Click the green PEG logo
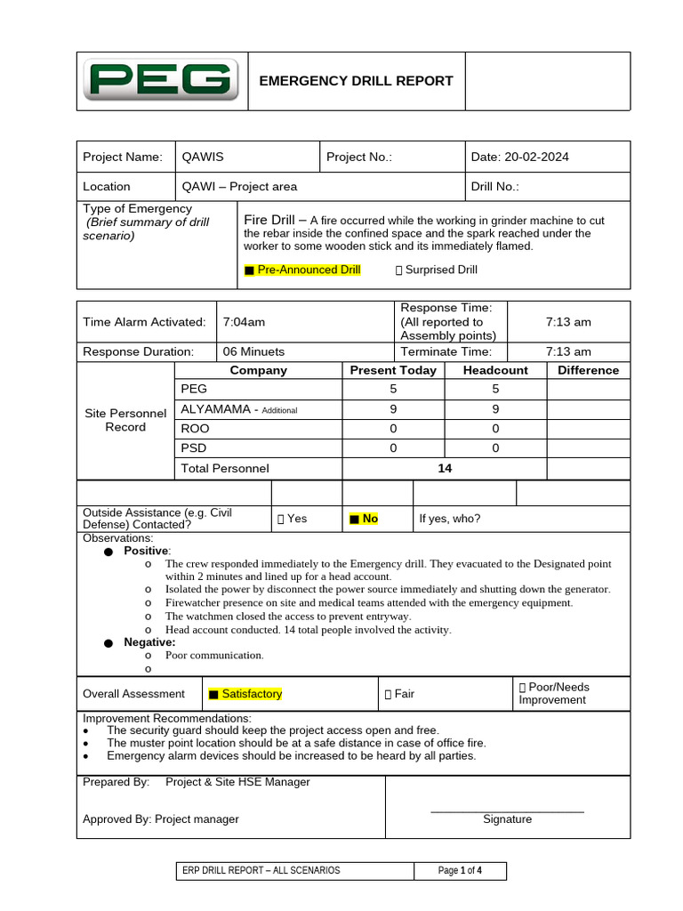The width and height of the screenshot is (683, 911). click(162, 81)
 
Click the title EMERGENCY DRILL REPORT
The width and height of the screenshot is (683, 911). click(356, 81)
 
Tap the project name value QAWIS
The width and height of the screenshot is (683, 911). click(203, 157)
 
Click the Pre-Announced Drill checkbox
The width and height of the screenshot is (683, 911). click(249, 270)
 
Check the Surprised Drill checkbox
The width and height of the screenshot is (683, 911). click(398, 270)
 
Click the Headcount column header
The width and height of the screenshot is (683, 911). click(495, 371)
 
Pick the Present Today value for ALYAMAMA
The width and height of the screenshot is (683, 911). click(393, 410)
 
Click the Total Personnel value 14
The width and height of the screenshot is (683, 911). click(445, 469)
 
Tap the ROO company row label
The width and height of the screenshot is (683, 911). click(195, 429)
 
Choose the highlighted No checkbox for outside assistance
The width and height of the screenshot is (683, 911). click(354, 519)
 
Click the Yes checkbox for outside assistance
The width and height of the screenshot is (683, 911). click(281, 519)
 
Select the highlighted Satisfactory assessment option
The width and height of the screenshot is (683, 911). click(213, 695)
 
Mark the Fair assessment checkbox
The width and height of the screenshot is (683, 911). click(388, 695)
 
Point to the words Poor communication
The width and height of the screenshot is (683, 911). click(214, 656)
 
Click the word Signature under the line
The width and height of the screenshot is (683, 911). click(507, 819)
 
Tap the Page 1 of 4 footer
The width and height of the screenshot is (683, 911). click(460, 871)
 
